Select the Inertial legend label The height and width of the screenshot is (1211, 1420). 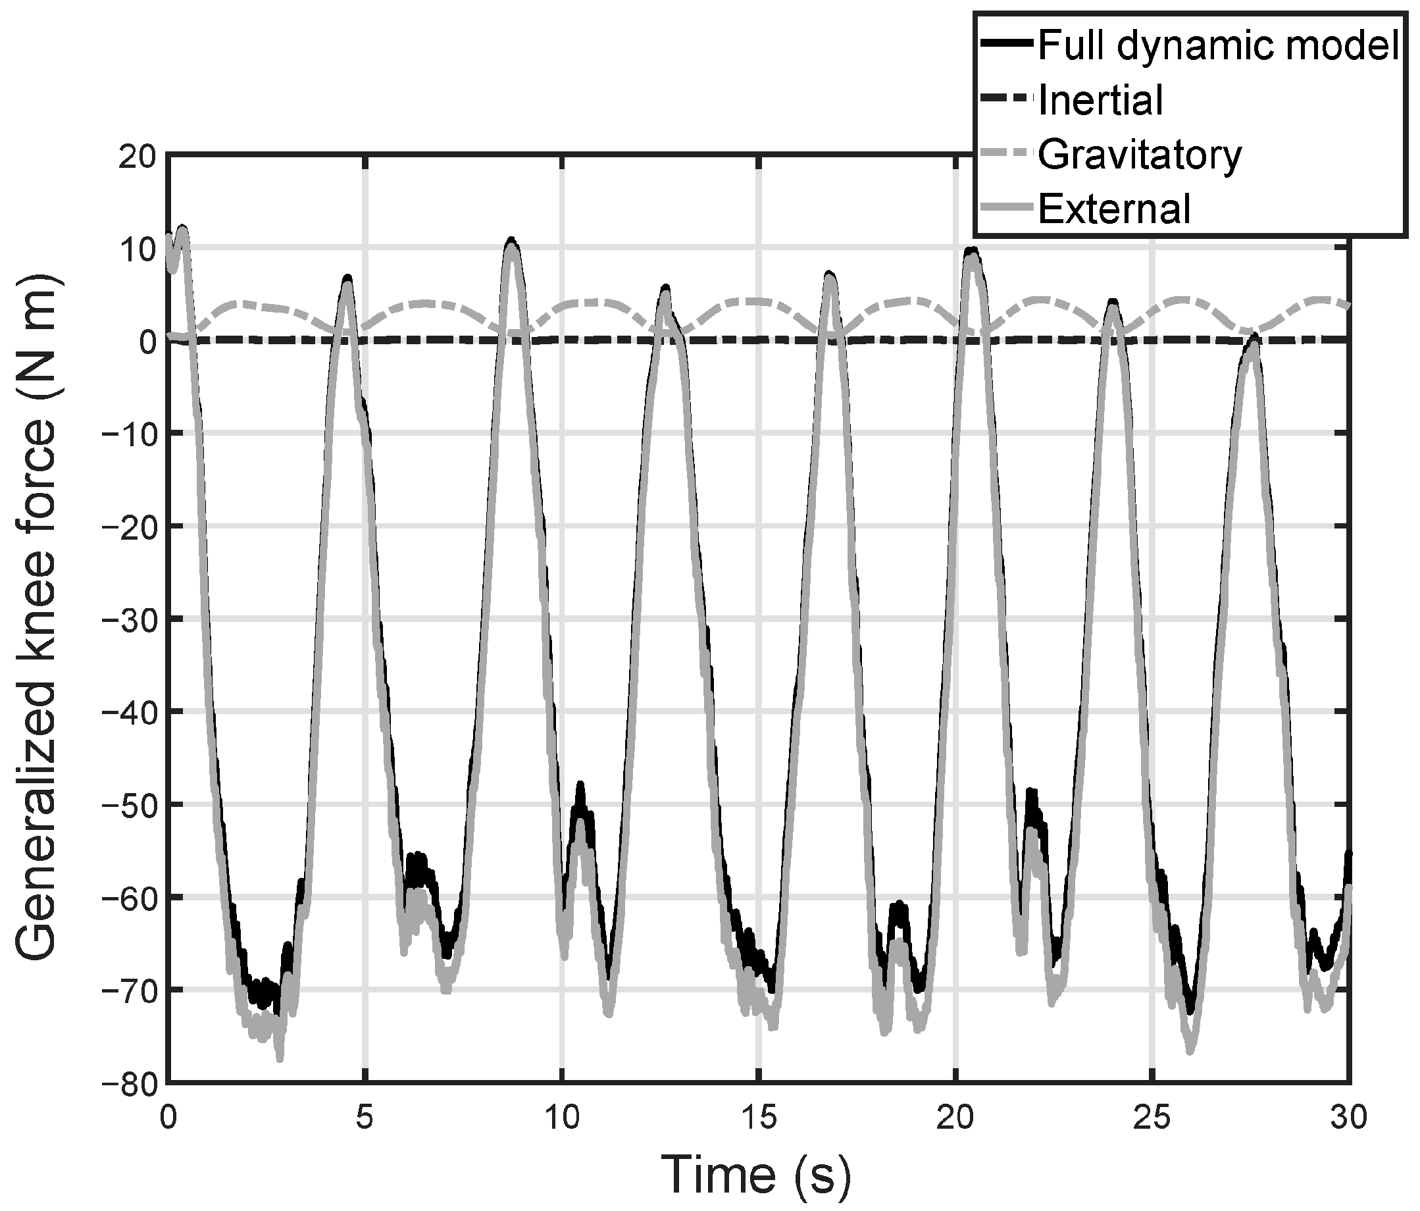[x=1101, y=100]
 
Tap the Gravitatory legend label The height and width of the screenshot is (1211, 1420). [x=1140, y=155]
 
